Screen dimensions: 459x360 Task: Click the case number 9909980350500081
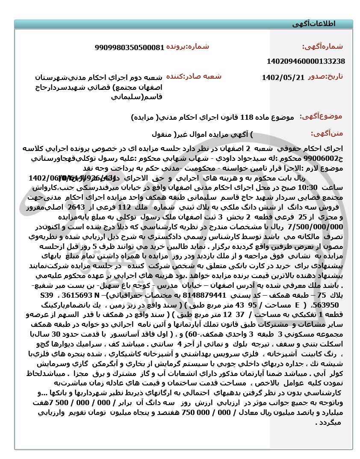[130, 47]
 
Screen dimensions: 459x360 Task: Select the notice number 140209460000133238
[306, 61]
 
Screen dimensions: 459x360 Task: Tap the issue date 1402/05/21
[283, 77]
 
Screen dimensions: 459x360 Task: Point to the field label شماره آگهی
[322, 47]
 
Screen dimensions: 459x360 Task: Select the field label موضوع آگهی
[321, 116]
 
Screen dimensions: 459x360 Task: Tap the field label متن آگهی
[327, 133]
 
